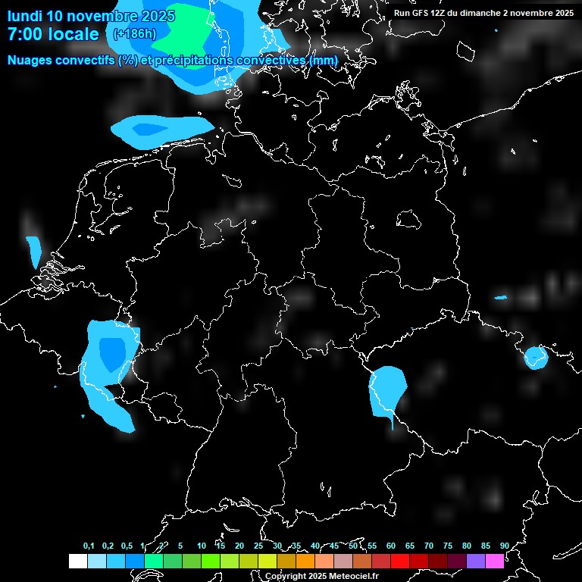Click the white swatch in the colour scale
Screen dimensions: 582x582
pos(77,562)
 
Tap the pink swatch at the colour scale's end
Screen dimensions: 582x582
pos(495,562)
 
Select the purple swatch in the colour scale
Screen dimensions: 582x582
pos(476,562)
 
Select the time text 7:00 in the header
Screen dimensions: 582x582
pos(25,34)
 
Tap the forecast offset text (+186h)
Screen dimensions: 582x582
pos(134,33)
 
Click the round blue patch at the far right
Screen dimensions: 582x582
pos(536,357)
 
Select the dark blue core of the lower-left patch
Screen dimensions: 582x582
pos(112,352)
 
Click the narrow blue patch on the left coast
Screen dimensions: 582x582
pos(34,251)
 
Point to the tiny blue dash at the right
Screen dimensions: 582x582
pos(500,297)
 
